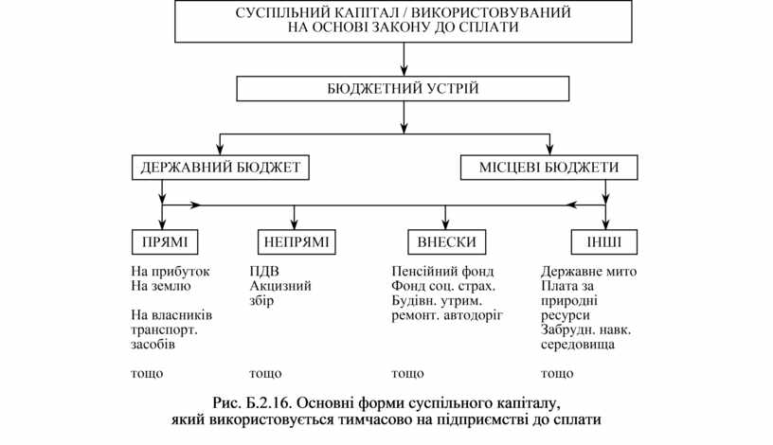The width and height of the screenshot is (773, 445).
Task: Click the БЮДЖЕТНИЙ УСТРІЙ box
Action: point(404,89)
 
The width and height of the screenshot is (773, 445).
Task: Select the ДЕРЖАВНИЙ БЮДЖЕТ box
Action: point(220,168)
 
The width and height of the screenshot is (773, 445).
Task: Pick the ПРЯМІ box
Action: point(164,241)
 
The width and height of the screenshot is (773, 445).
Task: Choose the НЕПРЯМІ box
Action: point(294,241)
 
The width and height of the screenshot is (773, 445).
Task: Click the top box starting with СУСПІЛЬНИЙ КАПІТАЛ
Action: point(404,21)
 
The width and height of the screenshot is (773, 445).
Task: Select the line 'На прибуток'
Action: point(171,272)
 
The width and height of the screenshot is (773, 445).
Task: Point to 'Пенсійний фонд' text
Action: point(436,272)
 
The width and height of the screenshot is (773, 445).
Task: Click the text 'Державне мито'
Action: point(589,272)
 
